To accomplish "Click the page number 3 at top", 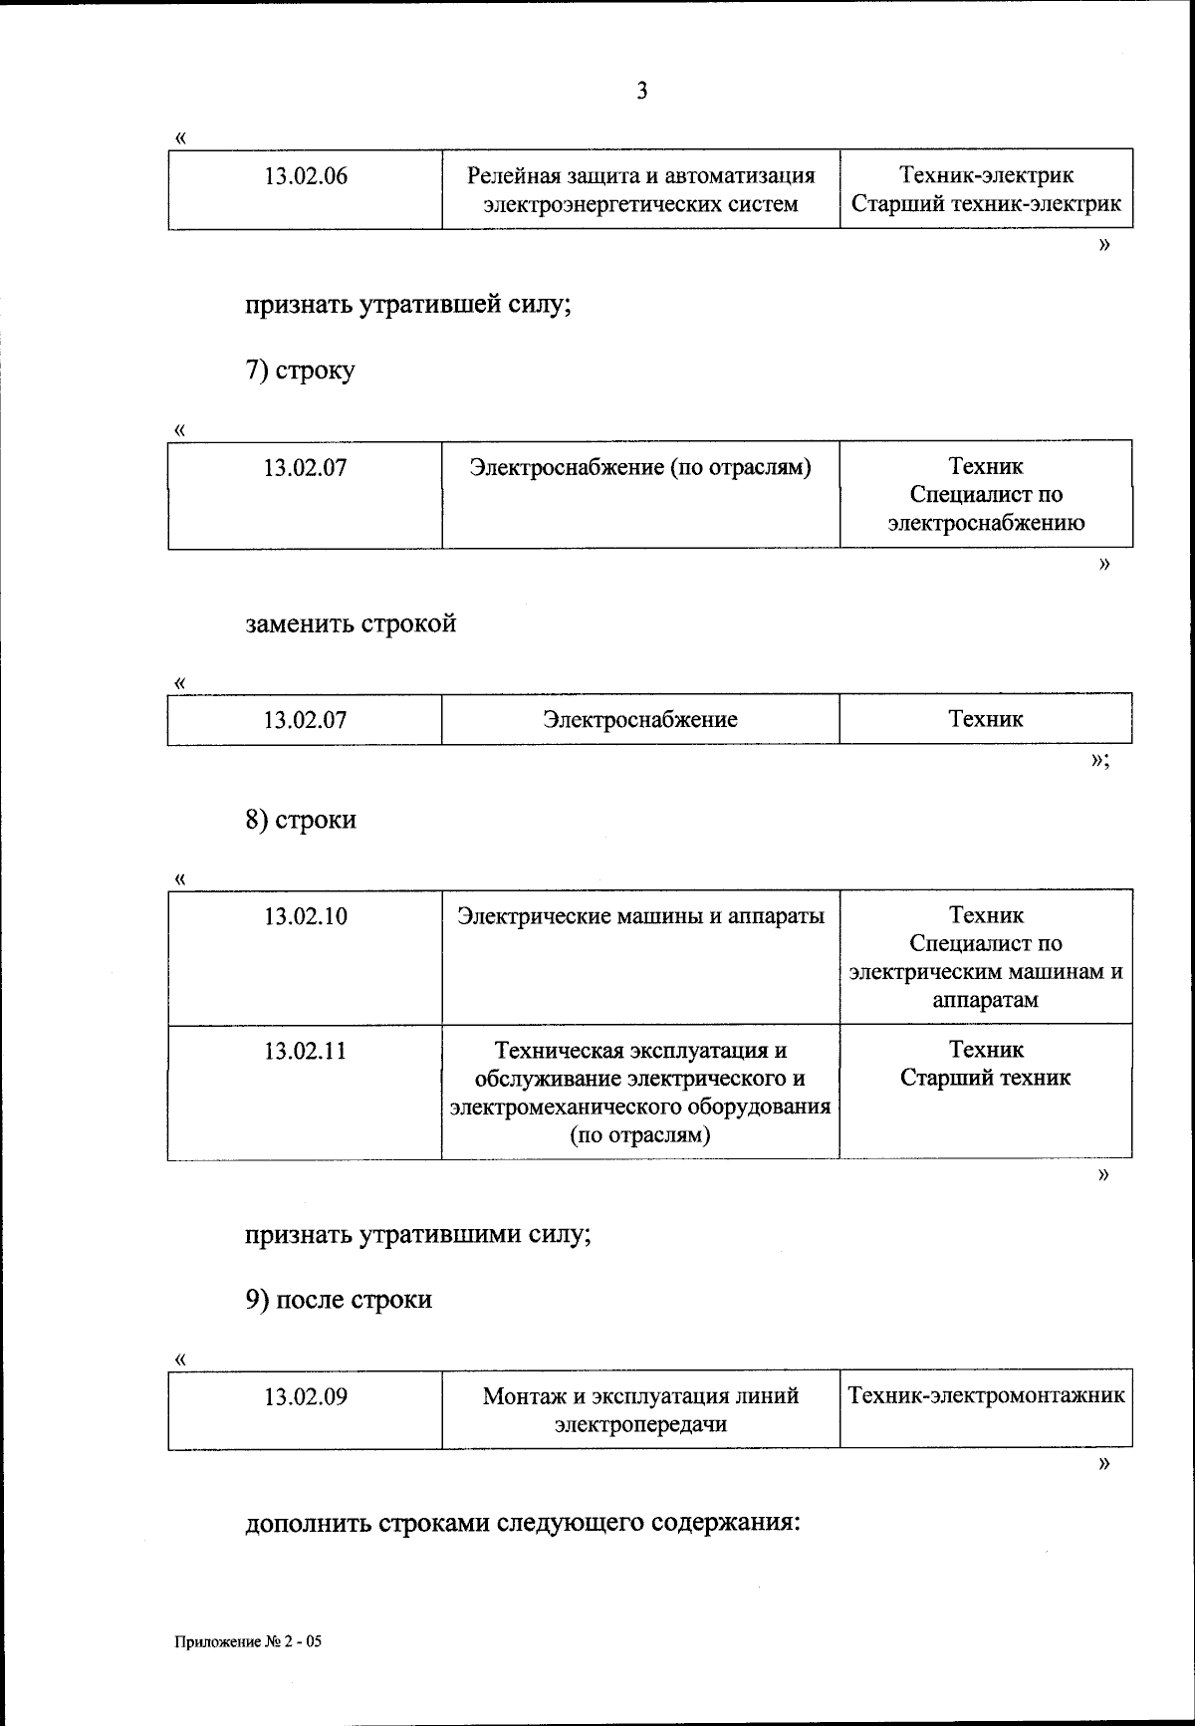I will tap(641, 92).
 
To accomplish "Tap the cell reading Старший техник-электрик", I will tap(986, 204).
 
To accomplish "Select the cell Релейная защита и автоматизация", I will tap(640, 189).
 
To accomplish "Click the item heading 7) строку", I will tap(300, 370).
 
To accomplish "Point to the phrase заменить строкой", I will tap(351, 623).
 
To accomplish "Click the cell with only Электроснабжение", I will tap(640, 719).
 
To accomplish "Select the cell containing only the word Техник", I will tap(985, 719).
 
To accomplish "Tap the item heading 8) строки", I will tap(301, 820).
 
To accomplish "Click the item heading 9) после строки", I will tap(339, 1300).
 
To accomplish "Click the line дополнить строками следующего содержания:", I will tap(523, 1524).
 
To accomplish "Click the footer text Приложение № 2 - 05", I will tap(248, 1642).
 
